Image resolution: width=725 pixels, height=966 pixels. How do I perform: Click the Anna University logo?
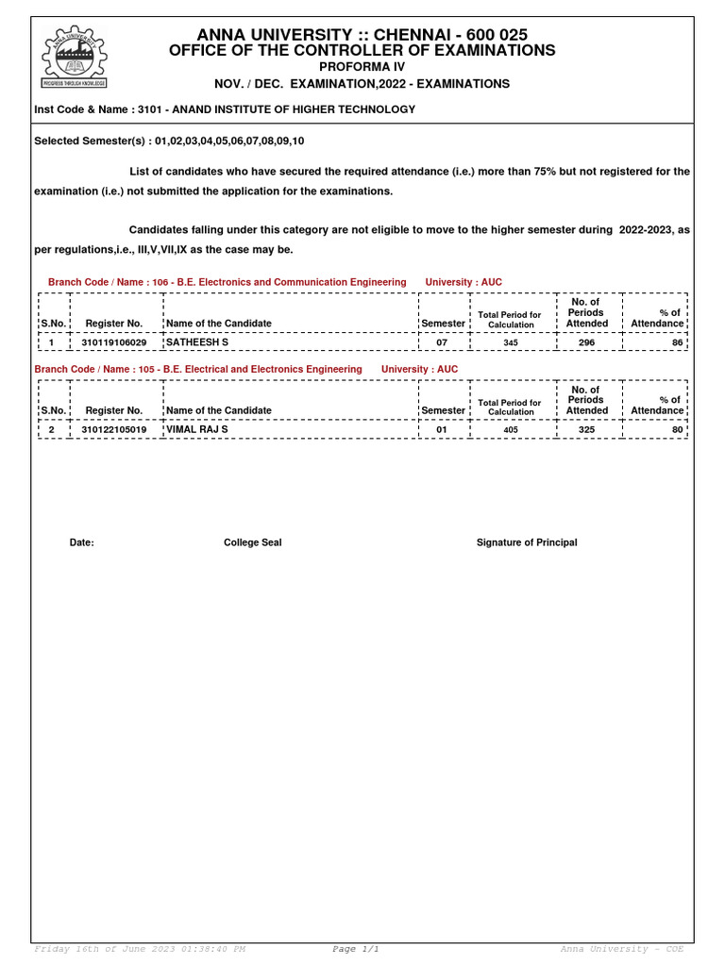pos(74,56)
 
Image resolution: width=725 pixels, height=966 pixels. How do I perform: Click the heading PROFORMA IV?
pos(362,67)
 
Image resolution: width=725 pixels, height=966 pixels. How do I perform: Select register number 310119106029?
pos(114,342)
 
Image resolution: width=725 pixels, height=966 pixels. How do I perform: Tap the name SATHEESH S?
pos(197,342)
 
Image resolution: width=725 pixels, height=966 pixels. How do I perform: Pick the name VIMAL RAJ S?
pos(197,429)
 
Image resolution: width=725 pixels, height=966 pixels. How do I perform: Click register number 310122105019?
pos(114,430)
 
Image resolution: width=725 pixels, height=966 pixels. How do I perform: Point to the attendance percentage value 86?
pos(676,342)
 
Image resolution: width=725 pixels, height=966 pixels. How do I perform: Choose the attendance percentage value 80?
pos(676,430)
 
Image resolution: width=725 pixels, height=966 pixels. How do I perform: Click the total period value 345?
pos(511,343)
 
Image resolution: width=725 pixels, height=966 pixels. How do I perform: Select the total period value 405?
pos(511,430)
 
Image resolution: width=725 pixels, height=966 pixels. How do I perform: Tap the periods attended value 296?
pos(586,342)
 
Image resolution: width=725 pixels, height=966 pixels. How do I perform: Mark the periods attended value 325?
pos(586,430)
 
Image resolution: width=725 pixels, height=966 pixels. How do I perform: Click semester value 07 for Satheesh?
pos(442,342)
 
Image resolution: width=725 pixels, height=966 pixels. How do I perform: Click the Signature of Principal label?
pos(527,542)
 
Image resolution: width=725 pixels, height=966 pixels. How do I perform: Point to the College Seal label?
pos(252,542)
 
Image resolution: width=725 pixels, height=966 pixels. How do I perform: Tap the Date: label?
pos(82,542)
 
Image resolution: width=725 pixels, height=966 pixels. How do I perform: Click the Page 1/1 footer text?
pos(356,949)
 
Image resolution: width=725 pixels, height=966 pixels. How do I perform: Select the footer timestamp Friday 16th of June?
pos(140,949)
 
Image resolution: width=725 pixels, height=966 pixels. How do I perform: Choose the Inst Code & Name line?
pos(225,109)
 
